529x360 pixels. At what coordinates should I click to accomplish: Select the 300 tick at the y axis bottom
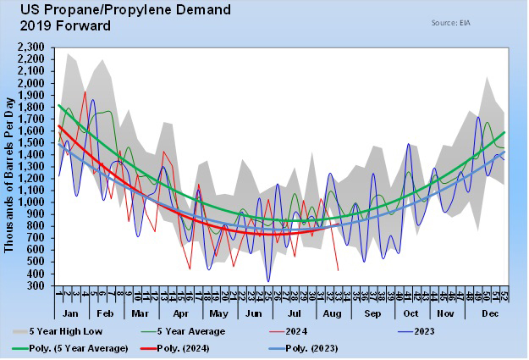point(44,285)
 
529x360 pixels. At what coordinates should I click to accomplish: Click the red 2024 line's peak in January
point(85,91)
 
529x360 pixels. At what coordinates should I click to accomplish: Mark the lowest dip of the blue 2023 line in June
point(268,281)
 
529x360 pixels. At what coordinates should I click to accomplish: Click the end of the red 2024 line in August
point(338,270)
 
